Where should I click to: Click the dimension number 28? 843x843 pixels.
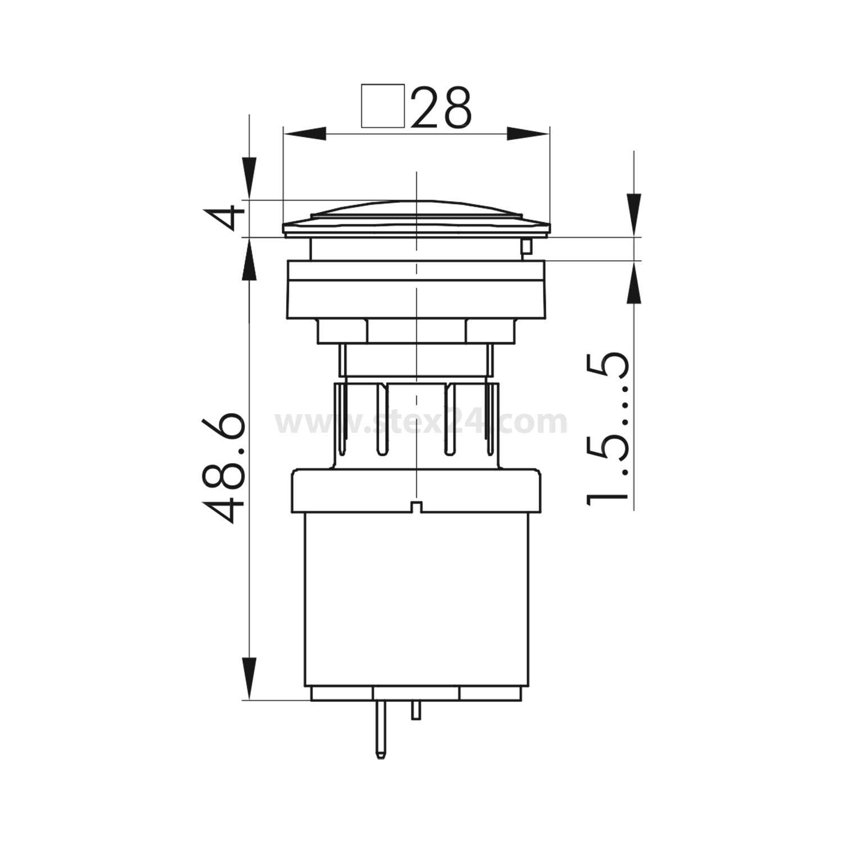coord(441,107)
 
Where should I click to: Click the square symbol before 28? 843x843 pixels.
coord(383,106)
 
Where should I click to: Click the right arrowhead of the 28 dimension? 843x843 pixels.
coord(527,134)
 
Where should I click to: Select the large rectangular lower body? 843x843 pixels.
coord(416,599)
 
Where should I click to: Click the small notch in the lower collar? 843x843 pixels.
coord(416,507)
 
